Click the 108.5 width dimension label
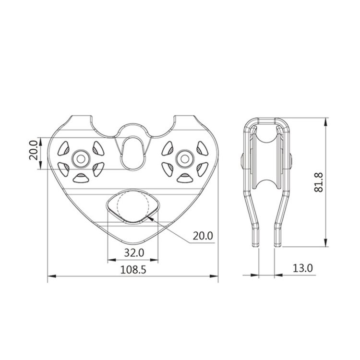133,270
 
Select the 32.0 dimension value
134,253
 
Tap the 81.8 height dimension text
319,182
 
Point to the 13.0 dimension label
303,268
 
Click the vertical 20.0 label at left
34,150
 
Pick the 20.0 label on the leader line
203,236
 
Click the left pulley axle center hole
81,159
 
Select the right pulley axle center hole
185,159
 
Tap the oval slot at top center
132,154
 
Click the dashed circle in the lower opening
117,204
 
